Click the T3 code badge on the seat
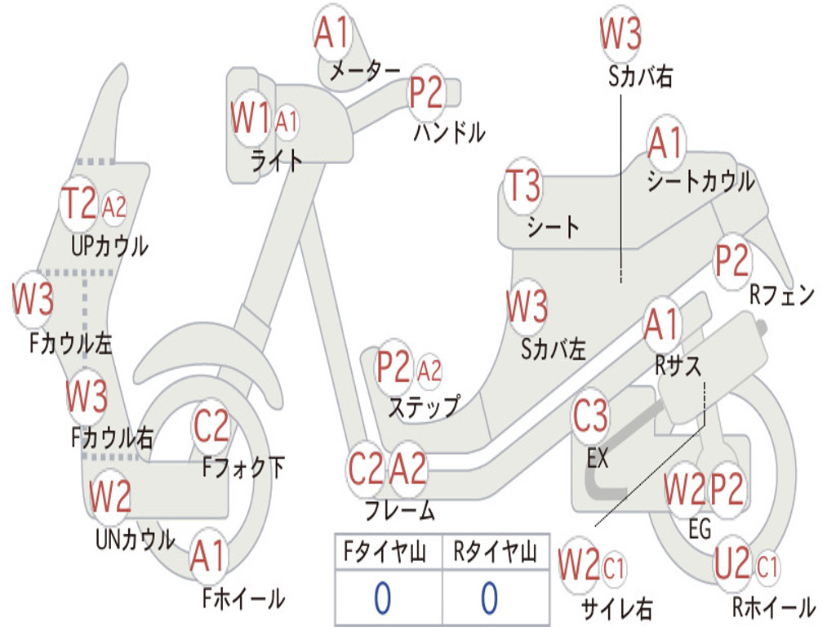point(523,185)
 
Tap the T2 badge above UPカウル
point(79,203)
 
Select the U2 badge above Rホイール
point(732,564)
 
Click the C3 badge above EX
point(590,416)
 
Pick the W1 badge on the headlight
point(251,118)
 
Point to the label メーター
point(365,70)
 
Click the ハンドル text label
point(450,131)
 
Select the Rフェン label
point(782,295)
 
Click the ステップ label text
point(424,407)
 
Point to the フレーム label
point(400,510)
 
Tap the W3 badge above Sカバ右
point(620,33)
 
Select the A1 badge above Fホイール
point(208,556)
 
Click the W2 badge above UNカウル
point(110,496)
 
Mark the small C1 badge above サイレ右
point(614,568)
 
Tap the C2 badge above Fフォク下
point(211,426)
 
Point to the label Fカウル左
point(70,344)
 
